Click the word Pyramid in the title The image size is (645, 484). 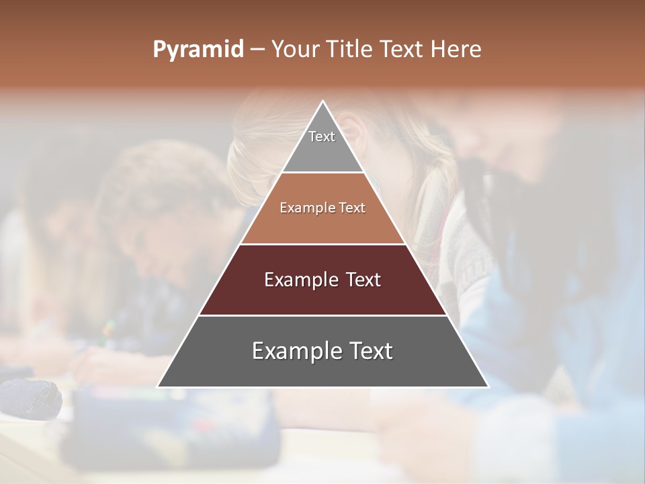pos(198,50)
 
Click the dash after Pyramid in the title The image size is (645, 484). pos(257,50)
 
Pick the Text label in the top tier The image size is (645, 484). pos(322,136)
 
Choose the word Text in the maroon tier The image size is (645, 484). pos(364,280)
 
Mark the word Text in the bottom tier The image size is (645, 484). pos(370,351)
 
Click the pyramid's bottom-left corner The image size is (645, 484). pos(159,387)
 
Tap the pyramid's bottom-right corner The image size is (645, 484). pos(488,387)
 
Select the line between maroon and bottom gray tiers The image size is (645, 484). pos(323,315)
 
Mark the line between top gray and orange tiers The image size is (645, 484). pos(323,173)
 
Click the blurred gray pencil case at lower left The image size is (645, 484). pos(30,398)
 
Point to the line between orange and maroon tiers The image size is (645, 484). pos(323,244)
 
